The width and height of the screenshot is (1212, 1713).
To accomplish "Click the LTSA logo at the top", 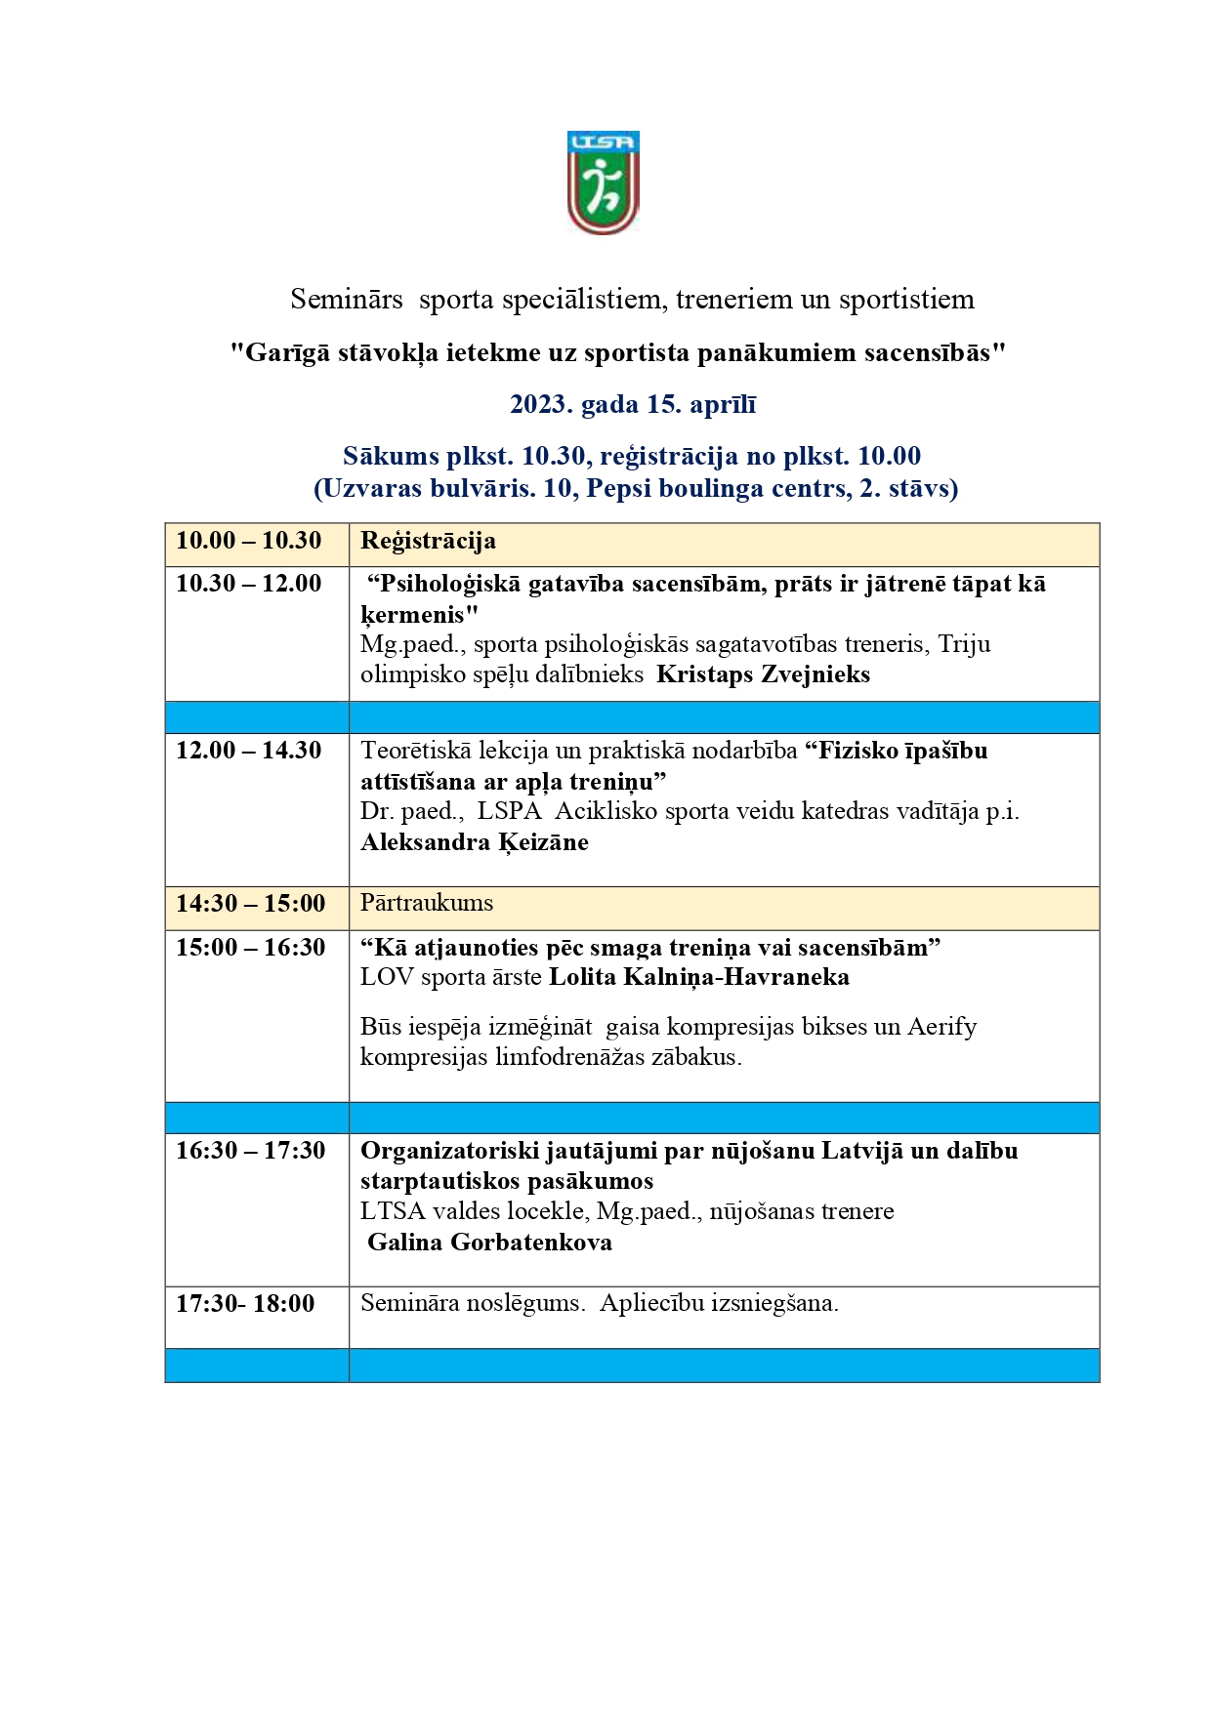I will [x=603, y=183].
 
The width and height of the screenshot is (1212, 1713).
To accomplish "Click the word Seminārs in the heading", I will [x=347, y=299].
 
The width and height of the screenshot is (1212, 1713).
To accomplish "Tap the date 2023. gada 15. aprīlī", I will [x=633, y=404].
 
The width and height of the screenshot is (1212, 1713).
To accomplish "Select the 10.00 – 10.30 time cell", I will [x=248, y=541].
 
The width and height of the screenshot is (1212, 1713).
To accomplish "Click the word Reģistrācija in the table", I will [x=428, y=541].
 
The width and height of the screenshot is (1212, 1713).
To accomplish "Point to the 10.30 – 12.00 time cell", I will [x=248, y=584].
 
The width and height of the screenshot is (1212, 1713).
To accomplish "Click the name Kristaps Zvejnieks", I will [x=763, y=674].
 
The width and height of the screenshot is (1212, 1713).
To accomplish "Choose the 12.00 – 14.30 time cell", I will [x=248, y=751].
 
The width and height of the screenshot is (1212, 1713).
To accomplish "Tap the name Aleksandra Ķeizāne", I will [x=475, y=842].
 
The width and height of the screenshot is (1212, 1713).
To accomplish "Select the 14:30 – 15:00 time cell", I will [x=250, y=904].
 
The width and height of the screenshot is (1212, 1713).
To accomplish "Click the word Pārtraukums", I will [x=427, y=903].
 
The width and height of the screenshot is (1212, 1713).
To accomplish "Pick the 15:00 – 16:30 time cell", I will [x=250, y=948].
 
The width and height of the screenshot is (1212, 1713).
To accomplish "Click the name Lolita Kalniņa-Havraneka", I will [x=698, y=977].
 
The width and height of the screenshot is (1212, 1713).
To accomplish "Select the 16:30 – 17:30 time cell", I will [x=250, y=1151].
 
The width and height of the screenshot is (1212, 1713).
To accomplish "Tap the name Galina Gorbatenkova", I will [x=489, y=1243].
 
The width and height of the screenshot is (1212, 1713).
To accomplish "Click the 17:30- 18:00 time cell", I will [x=245, y=1304].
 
